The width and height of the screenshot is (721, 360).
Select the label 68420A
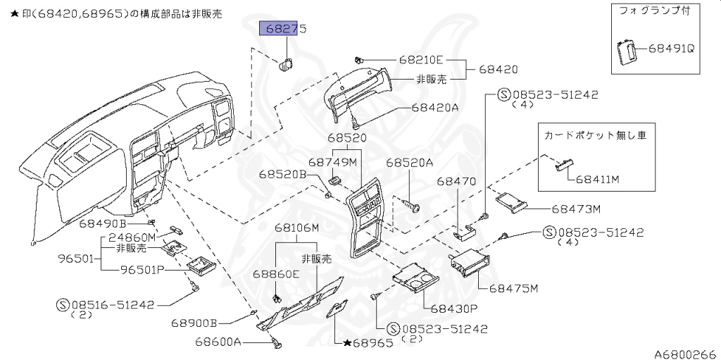[x=435, y=108]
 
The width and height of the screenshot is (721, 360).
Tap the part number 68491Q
[x=671, y=49]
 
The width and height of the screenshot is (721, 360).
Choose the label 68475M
[x=514, y=289]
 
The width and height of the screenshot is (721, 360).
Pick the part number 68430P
[x=453, y=308]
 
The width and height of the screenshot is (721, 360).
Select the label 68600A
[x=218, y=342]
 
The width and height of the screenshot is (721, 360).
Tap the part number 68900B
[x=194, y=323]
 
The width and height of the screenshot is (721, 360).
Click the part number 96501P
[x=143, y=268]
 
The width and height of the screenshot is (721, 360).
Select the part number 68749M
[x=336, y=162]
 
